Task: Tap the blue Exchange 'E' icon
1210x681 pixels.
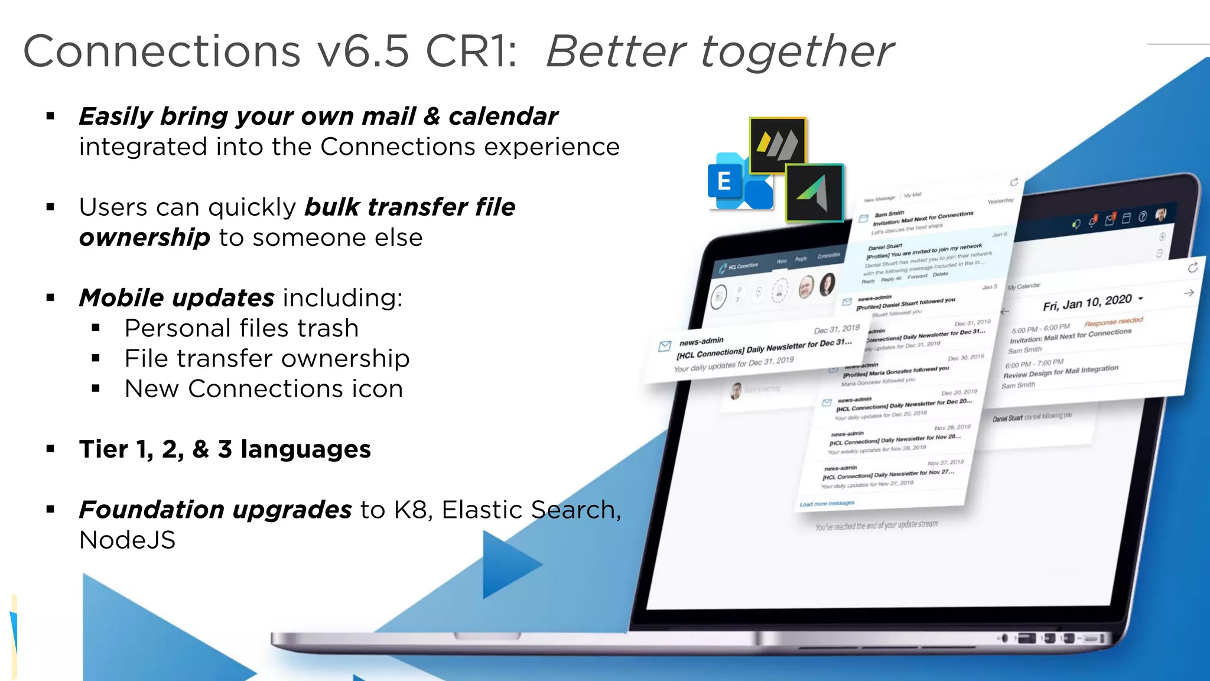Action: tap(726, 181)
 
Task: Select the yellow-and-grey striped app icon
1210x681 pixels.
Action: tap(778, 145)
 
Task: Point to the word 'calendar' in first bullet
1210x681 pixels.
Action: tap(503, 116)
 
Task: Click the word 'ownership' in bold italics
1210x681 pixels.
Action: tap(145, 238)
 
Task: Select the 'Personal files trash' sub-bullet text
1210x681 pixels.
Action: tap(242, 329)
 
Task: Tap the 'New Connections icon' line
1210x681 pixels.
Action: tap(264, 389)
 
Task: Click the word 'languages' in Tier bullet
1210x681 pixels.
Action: tap(305, 449)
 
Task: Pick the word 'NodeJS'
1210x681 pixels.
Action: tap(128, 540)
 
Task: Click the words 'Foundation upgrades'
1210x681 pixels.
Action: tap(216, 510)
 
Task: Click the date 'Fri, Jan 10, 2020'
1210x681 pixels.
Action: tap(1087, 303)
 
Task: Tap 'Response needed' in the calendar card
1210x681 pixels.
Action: tap(1114, 322)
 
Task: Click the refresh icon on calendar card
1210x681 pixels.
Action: tap(1193, 268)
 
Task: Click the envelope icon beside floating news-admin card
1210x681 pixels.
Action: tap(665, 346)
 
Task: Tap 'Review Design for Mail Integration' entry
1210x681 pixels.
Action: tap(1061, 371)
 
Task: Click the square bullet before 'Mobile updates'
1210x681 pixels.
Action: tap(51, 298)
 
